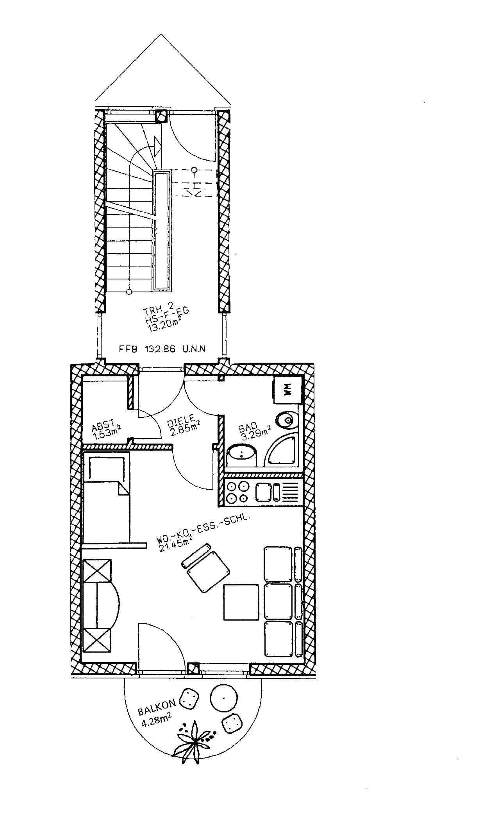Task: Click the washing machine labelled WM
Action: click(x=288, y=390)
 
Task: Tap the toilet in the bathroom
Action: click(x=287, y=420)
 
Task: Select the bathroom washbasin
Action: click(x=242, y=454)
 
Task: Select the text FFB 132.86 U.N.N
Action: click(x=162, y=349)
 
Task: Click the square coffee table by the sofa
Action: click(x=241, y=602)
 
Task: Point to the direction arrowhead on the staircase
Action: click(x=158, y=145)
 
